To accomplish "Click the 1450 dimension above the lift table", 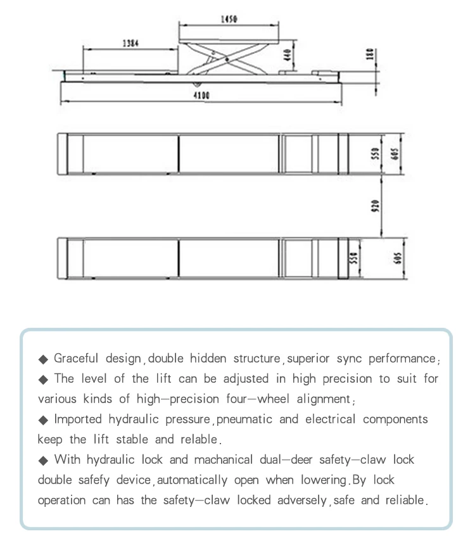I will [x=229, y=20].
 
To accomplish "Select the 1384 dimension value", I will [x=130, y=44].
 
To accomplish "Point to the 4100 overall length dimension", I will [x=201, y=96].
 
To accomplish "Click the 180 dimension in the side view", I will [x=370, y=55].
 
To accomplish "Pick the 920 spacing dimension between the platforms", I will [x=375, y=206].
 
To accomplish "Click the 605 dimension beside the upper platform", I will [x=396, y=154].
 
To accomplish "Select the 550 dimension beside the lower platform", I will [x=355, y=258].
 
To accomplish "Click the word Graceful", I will [x=75, y=359].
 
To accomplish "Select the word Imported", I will [x=76, y=420].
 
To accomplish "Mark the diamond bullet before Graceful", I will [x=44, y=359].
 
